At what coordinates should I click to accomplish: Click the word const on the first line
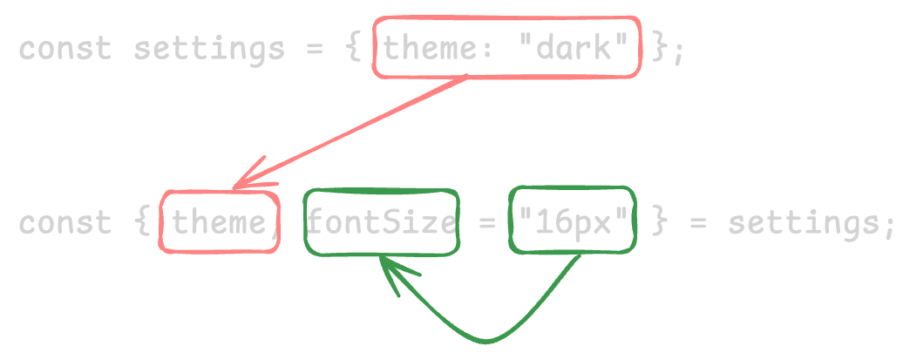pos(65,49)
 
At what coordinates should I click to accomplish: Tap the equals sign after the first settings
pos(316,49)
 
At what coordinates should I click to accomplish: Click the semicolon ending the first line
pos(677,51)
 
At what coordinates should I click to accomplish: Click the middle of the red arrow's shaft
pos(350,132)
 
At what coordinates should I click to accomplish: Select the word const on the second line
pos(65,223)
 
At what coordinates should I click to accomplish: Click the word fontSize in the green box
pos(381,222)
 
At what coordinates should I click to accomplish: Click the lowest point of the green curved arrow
pos(486,341)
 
